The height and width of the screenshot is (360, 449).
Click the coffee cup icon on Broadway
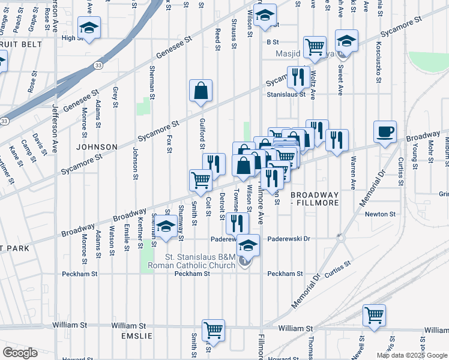[x=385, y=131]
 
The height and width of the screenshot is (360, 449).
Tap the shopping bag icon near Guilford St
[x=201, y=91]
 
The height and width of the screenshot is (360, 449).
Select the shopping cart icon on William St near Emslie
[x=214, y=329]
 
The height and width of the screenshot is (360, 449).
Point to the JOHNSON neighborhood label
[x=96, y=146]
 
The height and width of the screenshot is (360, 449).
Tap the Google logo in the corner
[x=20, y=353]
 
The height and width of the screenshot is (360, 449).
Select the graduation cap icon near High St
[x=89, y=28]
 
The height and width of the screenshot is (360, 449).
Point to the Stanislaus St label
[x=286, y=94]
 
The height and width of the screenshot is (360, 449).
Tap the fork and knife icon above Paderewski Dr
[x=238, y=223]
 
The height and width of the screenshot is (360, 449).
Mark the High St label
[x=71, y=38]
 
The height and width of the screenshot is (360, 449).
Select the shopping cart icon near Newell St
[x=374, y=314]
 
